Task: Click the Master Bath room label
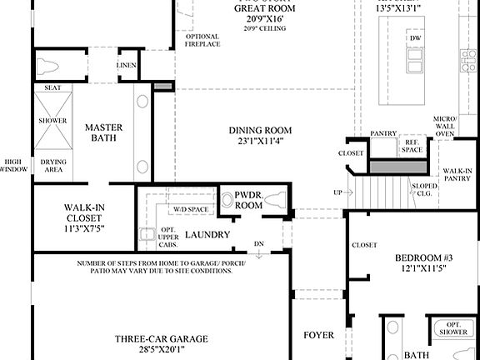pos(104,133)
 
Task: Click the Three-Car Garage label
pos(162,344)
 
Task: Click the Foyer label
pos(317,336)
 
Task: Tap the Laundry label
pos(207,235)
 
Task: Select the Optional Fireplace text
pos(202,41)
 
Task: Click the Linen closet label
pos(126,64)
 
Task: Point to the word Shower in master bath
pos(52,119)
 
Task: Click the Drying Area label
pos(52,166)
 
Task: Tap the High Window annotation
pos(13,165)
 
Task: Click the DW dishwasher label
pos(414,38)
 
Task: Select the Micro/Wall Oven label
pos(445,126)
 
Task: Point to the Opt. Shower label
pos(453,329)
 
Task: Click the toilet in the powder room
pos(277,200)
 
